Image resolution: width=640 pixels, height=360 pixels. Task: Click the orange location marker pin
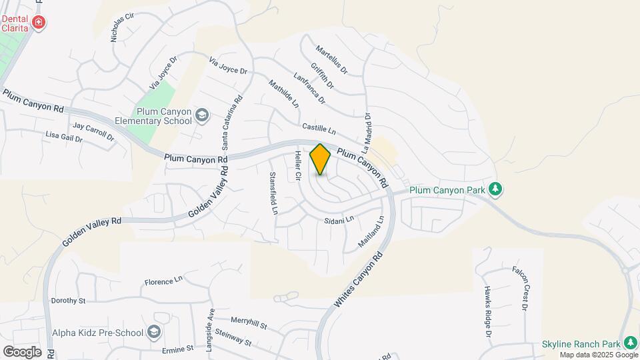point(320,159)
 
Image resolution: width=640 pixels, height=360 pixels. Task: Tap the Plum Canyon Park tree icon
point(495,189)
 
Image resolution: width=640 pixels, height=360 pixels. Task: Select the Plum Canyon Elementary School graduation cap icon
point(201,117)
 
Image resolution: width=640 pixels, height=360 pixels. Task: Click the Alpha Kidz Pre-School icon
point(154,331)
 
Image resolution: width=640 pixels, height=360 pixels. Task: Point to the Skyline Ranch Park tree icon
point(629,343)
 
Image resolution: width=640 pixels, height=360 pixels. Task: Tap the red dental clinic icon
point(39,23)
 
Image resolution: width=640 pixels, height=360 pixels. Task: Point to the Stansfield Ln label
point(273,193)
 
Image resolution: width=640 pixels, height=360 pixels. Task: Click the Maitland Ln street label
point(371,232)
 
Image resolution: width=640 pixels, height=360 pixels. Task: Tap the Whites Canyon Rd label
point(359,279)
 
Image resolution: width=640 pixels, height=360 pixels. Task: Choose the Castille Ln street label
point(318,127)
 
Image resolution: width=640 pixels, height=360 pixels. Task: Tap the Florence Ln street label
point(163,281)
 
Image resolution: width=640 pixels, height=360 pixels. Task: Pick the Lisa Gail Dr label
point(63,137)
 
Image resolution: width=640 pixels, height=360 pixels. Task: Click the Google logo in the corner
point(22,351)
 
